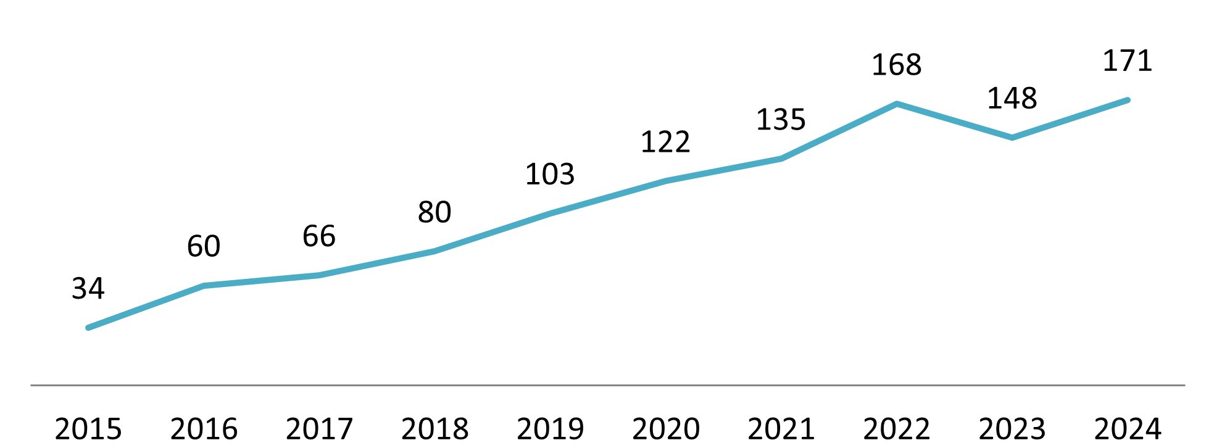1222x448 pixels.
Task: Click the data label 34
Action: click(88, 289)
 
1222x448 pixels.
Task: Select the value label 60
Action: click(204, 246)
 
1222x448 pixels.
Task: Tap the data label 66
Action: click(319, 236)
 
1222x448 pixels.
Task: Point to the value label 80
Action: click(434, 213)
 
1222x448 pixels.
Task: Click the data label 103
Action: click(550, 175)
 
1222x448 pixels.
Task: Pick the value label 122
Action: click(665, 143)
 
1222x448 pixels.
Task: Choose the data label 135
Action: click(781, 120)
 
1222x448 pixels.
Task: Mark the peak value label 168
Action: click(896, 65)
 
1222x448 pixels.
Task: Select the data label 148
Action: click(1012, 99)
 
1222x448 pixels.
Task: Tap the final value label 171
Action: click(1128, 61)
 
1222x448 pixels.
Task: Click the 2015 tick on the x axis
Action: click(88, 429)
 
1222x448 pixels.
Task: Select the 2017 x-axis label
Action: click(319, 429)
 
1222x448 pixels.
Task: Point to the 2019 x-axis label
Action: click(550, 429)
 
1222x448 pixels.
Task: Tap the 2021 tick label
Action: click(781, 429)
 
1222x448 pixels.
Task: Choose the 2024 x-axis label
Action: click(1128, 429)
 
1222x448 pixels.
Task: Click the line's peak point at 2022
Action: click(896, 104)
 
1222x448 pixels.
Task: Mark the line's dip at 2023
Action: click(1012, 138)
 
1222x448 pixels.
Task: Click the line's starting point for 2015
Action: click(88, 328)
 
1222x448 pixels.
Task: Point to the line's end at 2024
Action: click(1128, 100)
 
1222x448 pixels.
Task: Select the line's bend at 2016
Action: click(204, 286)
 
